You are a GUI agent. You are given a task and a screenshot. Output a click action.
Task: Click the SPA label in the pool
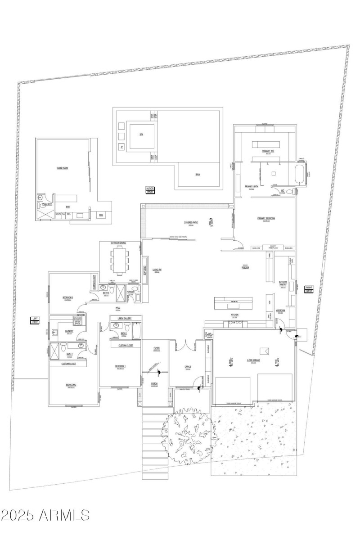[141, 134]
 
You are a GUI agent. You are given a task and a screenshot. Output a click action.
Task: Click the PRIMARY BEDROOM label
[266, 219]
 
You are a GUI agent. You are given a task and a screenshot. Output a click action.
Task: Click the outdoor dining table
[119, 261]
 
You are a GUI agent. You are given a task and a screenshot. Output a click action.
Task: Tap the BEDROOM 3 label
[67, 297]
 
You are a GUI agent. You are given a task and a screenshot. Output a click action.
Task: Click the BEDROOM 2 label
[71, 385]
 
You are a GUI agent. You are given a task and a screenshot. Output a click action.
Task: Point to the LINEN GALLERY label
[124, 318]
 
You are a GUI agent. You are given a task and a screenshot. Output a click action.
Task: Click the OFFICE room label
[188, 367]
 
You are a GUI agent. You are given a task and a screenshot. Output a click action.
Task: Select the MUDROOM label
[280, 310]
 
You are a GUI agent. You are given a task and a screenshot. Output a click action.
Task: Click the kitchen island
[233, 301]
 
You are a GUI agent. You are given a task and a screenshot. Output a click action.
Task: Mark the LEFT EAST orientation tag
[35, 320]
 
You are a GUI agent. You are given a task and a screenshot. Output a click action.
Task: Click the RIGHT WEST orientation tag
[309, 289]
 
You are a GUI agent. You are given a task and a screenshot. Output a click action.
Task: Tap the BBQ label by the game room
[101, 216]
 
